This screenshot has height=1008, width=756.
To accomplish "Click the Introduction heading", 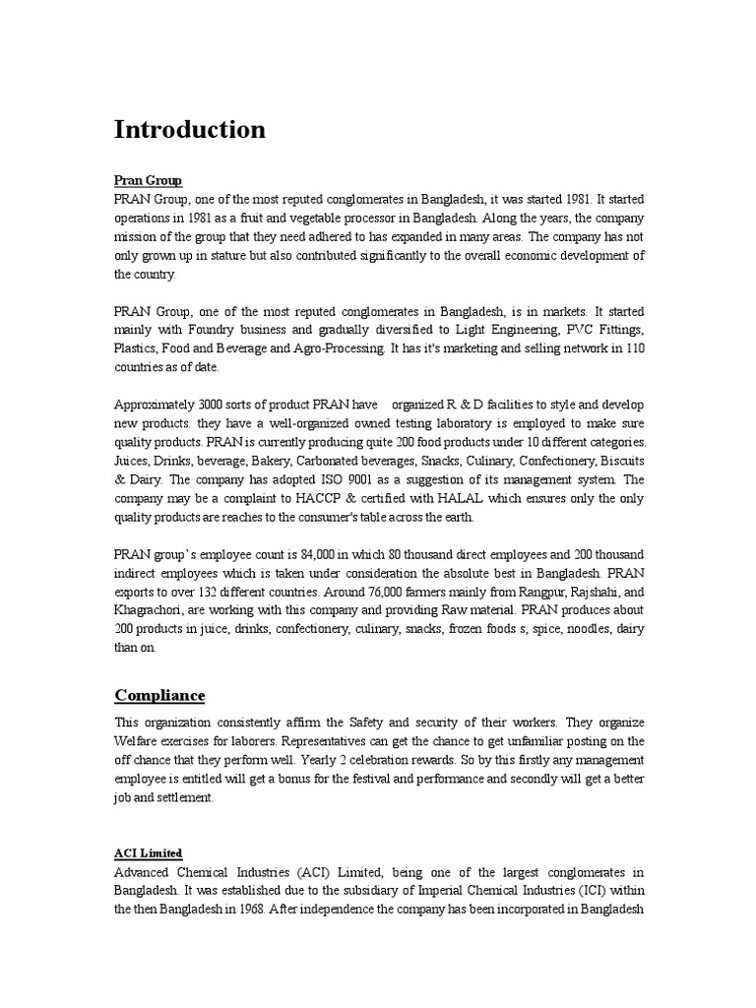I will tap(190, 130).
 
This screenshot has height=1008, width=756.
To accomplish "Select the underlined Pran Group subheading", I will tap(149, 181).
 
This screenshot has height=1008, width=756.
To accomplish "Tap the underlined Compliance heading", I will tap(160, 696).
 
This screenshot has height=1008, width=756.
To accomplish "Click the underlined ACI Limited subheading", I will tap(149, 852).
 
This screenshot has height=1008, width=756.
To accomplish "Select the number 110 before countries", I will tap(631, 348).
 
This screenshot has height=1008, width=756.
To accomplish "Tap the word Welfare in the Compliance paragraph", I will tap(139, 741).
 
